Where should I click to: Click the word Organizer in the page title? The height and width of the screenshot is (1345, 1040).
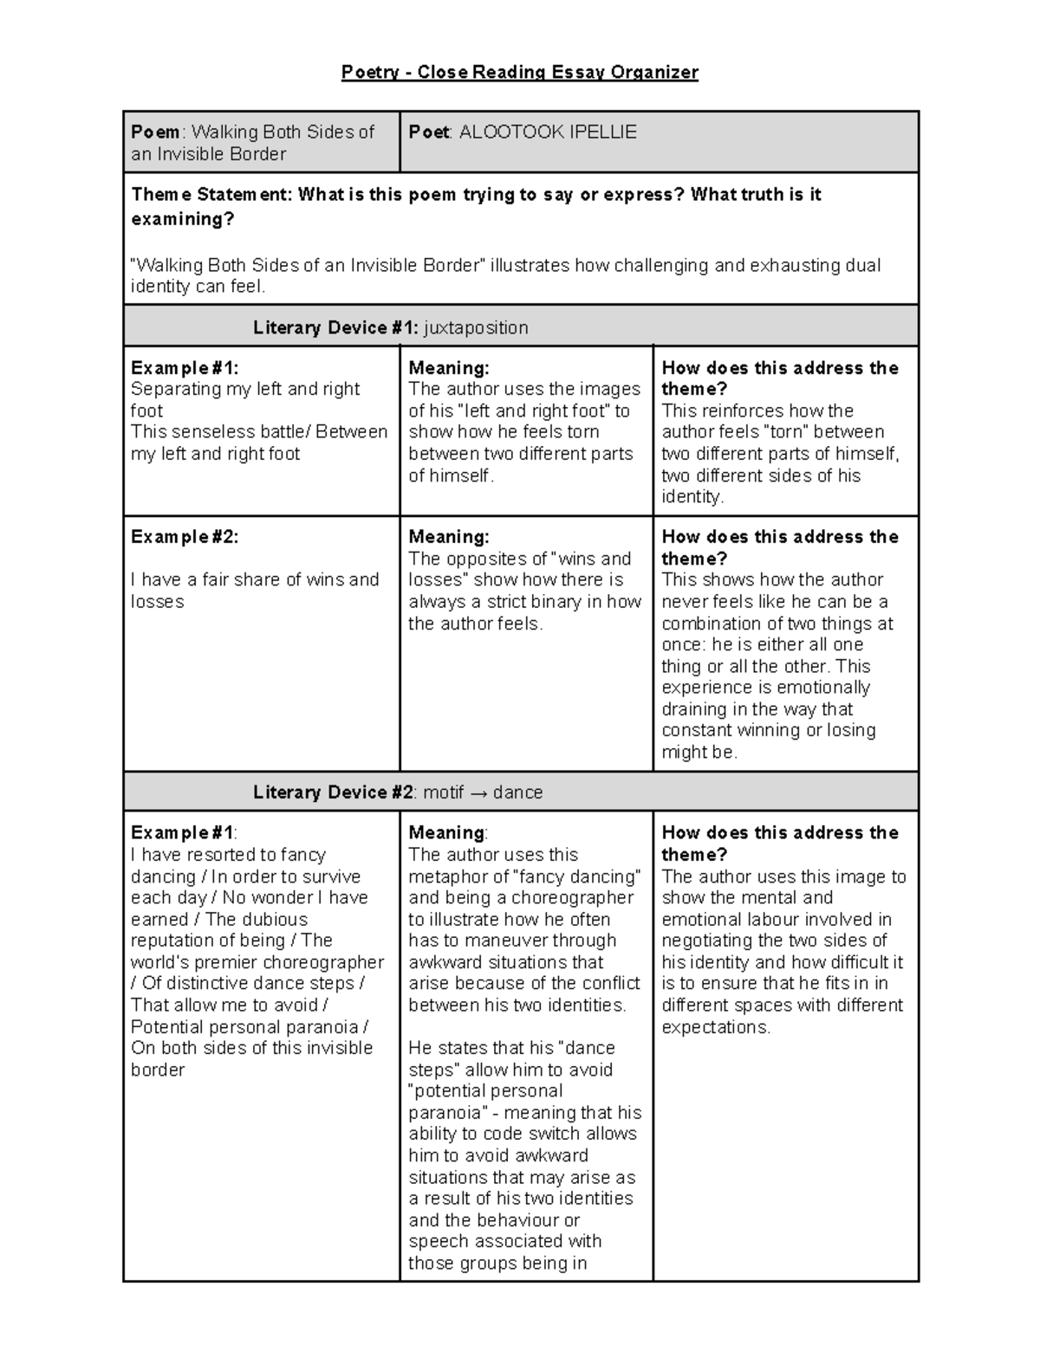point(654,72)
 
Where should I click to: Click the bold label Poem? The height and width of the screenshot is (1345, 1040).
point(155,132)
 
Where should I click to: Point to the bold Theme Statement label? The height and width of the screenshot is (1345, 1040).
point(211,194)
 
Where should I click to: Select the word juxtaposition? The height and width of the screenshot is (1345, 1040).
point(476,327)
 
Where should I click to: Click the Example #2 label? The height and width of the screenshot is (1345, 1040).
point(184,537)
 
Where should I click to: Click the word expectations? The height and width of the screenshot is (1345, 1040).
point(715,1027)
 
